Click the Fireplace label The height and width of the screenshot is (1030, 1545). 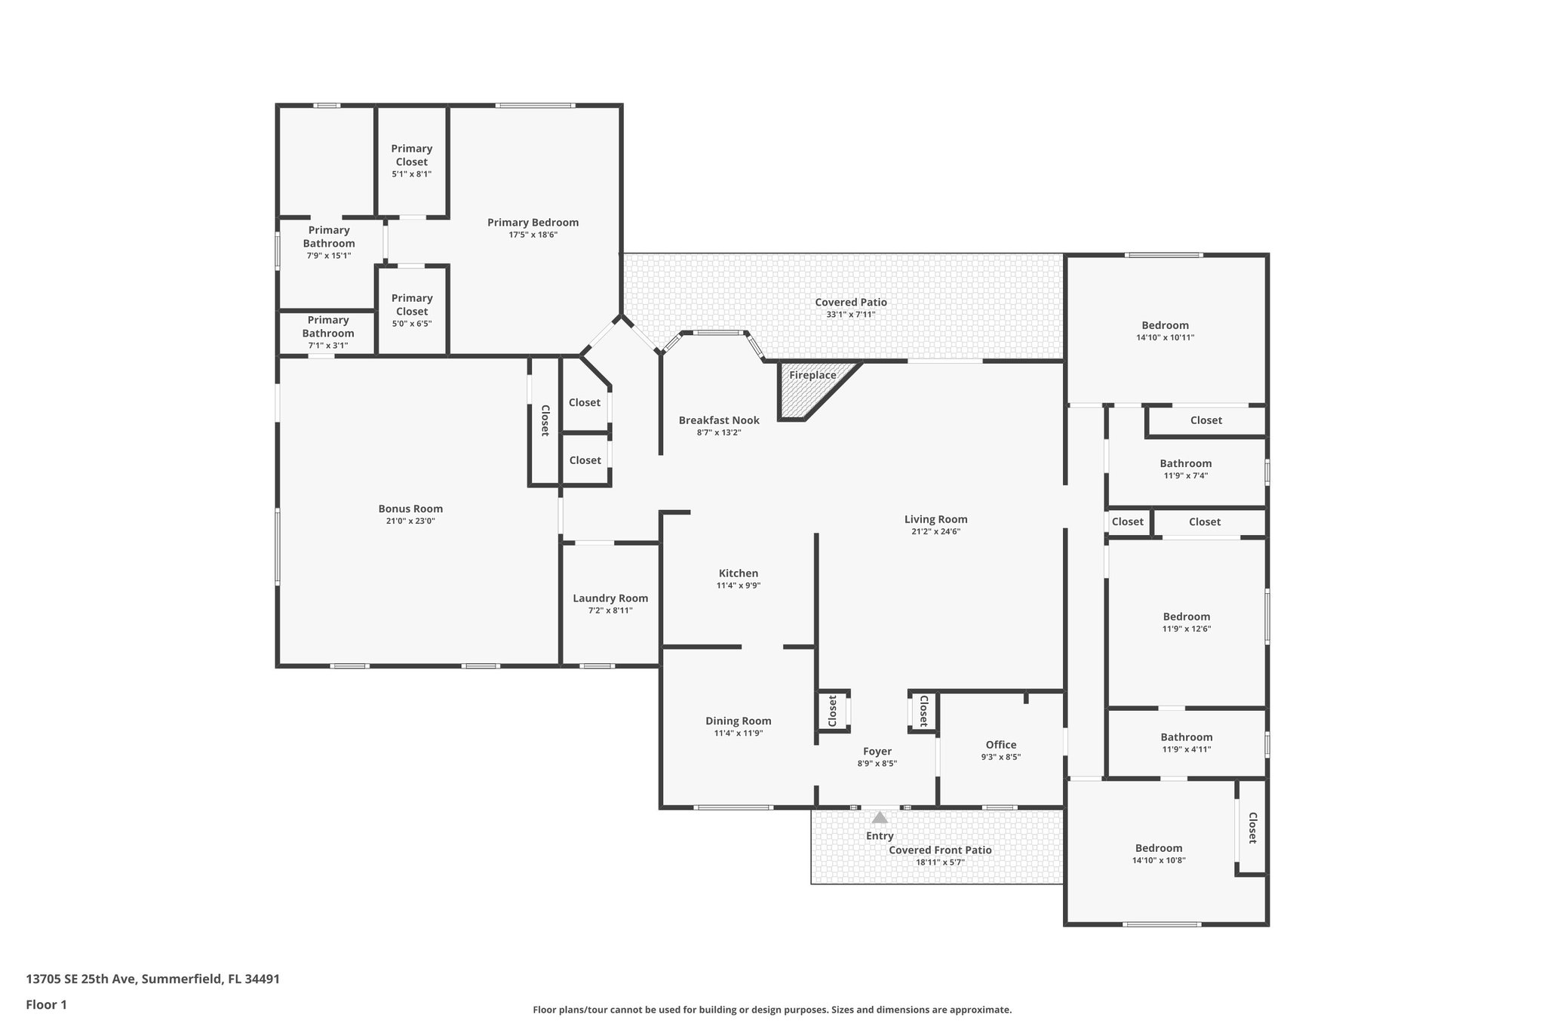pos(812,375)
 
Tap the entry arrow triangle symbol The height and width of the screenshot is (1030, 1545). pos(880,817)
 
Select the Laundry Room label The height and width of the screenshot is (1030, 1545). pos(610,598)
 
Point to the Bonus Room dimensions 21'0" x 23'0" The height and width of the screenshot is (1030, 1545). pos(410,521)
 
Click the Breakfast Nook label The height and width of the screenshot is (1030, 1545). pos(719,420)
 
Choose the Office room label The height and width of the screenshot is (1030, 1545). pos(1000,745)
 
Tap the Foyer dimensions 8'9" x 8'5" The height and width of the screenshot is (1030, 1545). pos(877,764)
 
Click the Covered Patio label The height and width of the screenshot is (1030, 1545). pos(850,302)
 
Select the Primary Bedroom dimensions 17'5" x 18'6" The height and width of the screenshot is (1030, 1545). pos(533,235)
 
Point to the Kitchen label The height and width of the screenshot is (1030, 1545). pos(738,573)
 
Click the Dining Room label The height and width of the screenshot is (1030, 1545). pos(738,721)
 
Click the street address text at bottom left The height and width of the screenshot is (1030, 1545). pos(152,979)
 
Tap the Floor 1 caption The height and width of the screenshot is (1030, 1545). pos(46,1004)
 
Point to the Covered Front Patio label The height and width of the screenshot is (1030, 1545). pos(939,850)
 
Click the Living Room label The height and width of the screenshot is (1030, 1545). pos(935,519)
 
